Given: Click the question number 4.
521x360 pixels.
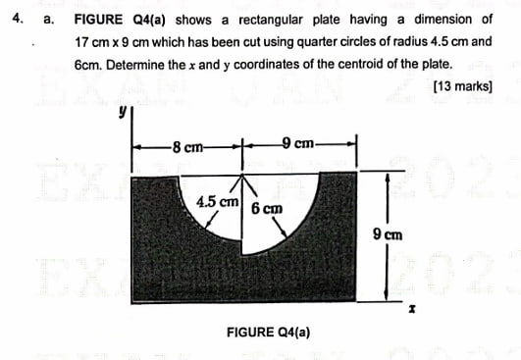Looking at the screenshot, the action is [x=13, y=19].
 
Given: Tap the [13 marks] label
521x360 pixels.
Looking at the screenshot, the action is [x=461, y=86].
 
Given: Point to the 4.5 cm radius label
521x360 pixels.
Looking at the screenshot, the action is [x=219, y=202].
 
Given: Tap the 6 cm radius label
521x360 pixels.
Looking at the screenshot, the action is [x=266, y=209].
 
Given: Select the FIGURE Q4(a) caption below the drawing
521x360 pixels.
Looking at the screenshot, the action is [x=268, y=333].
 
